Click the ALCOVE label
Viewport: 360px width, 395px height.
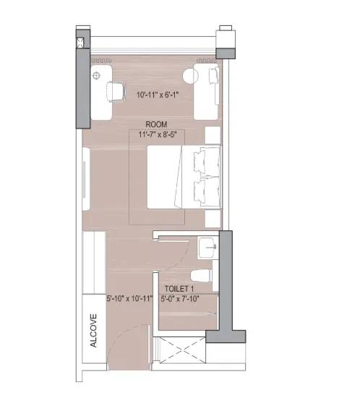(x=93, y=331)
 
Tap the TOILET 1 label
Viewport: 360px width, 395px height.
(x=179, y=289)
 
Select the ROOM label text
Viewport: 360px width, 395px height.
(x=156, y=124)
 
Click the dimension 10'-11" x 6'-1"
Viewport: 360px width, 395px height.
(x=158, y=95)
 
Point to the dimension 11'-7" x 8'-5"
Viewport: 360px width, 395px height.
(x=158, y=134)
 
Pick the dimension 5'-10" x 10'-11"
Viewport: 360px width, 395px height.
(x=129, y=299)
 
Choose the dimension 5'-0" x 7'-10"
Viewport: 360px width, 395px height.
(x=180, y=299)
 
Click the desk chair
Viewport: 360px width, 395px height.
(x=116, y=92)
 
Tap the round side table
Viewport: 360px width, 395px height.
(x=190, y=76)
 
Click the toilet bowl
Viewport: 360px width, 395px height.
(x=201, y=276)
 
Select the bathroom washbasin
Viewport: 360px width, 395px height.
(x=208, y=247)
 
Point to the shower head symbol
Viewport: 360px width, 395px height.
(x=212, y=314)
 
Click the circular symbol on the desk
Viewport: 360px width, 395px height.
(x=97, y=75)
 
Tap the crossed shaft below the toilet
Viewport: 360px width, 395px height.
(x=182, y=350)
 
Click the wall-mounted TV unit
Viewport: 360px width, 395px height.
(x=86, y=179)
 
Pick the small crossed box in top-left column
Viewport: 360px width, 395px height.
(x=80, y=43)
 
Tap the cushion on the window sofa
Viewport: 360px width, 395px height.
(x=213, y=76)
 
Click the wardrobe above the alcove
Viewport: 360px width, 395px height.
(x=94, y=263)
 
